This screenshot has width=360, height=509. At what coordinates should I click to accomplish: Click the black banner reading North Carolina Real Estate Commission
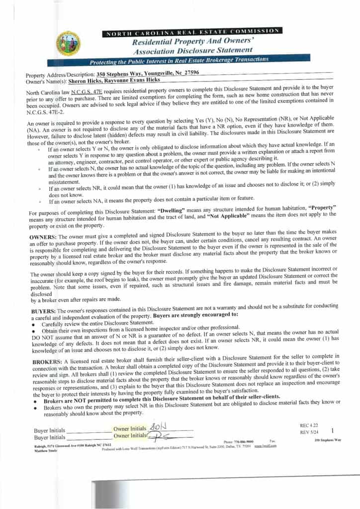(192, 32)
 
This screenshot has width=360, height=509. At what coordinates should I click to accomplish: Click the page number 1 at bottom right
(332, 431)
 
